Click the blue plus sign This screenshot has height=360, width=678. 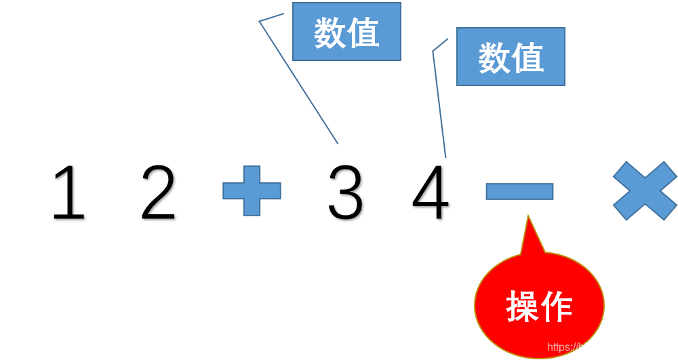[252, 191]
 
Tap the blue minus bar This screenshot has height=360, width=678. [519, 191]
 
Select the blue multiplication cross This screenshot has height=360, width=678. [645, 191]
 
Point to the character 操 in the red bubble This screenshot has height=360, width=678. [523, 308]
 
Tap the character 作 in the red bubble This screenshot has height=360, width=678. [556, 308]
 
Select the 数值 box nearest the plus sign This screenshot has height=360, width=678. [346, 31]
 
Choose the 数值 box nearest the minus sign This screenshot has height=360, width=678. [511, 57]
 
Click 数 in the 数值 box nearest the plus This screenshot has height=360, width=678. [330, 33]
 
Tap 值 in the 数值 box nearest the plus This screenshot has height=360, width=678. [363, 33]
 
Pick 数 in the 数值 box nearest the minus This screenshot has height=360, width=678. [494, 58]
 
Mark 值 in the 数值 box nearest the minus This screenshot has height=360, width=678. [527, 58]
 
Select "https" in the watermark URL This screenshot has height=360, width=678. [558, 347]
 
